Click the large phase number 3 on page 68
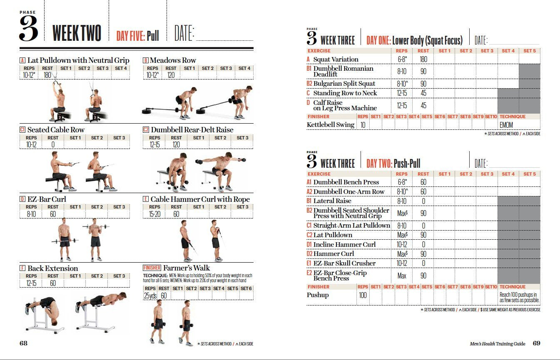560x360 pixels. click(29, 28)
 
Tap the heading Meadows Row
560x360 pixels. click(173, 60)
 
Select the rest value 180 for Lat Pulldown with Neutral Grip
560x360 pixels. click(47, 75)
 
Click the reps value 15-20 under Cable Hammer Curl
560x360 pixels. click(154, 214)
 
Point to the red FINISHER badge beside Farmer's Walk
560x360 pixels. click(152, 268)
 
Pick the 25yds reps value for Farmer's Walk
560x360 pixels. click(150, 295)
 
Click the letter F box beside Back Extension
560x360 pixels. click(22, 268)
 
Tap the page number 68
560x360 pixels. click(23, 343)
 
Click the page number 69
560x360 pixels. click(536, 343)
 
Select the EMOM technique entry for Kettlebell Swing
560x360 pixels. click(506, 125)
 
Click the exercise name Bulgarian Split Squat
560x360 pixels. click(344, 83)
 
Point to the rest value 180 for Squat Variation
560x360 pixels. click(423, 59)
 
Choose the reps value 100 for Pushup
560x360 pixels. click(363, 295)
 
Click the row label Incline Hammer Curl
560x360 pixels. click(344, 244)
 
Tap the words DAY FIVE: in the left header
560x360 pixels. click(130, 36)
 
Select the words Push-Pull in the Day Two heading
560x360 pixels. click(407, 164)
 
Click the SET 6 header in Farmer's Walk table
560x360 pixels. click(246, 288)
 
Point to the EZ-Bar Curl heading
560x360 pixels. click(47, 199)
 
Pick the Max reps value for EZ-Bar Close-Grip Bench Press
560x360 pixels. click(401, 276)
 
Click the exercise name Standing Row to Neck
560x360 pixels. click(345, 93)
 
